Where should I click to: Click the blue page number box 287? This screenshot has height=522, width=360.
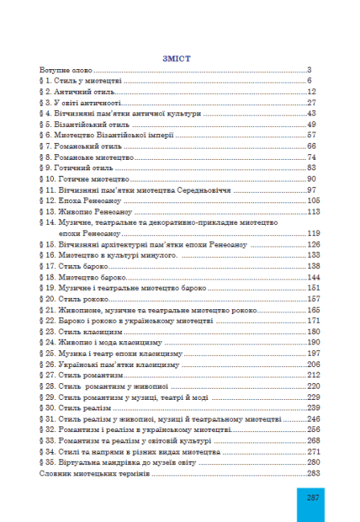[x=313, y=498]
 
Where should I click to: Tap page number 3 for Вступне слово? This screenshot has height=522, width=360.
[x=309, y=71]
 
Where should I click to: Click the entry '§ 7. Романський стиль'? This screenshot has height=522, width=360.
[x=79, y=146]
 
